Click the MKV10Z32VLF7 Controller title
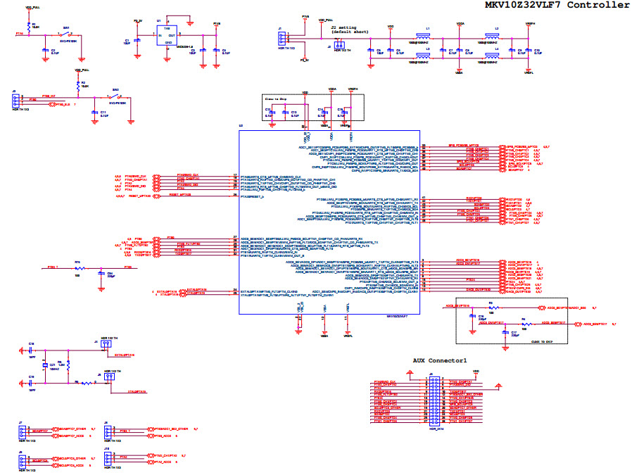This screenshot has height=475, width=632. click(557, 5)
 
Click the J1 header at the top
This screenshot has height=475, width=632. click(282, 39)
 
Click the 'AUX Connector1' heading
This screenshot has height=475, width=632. click(440, 360)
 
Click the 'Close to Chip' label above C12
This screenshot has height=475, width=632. click(275, 99)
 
